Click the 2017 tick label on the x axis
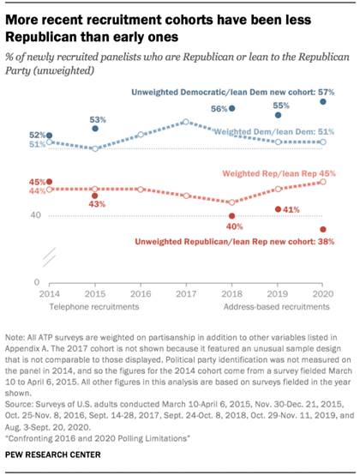(186, 293)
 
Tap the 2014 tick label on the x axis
(49, 293)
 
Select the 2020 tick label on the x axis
(322, 293)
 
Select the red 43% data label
(95, 205)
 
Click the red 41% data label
(287, 209)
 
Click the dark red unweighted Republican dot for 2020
(322, 229)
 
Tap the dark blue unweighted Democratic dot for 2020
(322, 101)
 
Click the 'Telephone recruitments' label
(82, 305)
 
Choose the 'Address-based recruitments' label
(279, 305)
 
